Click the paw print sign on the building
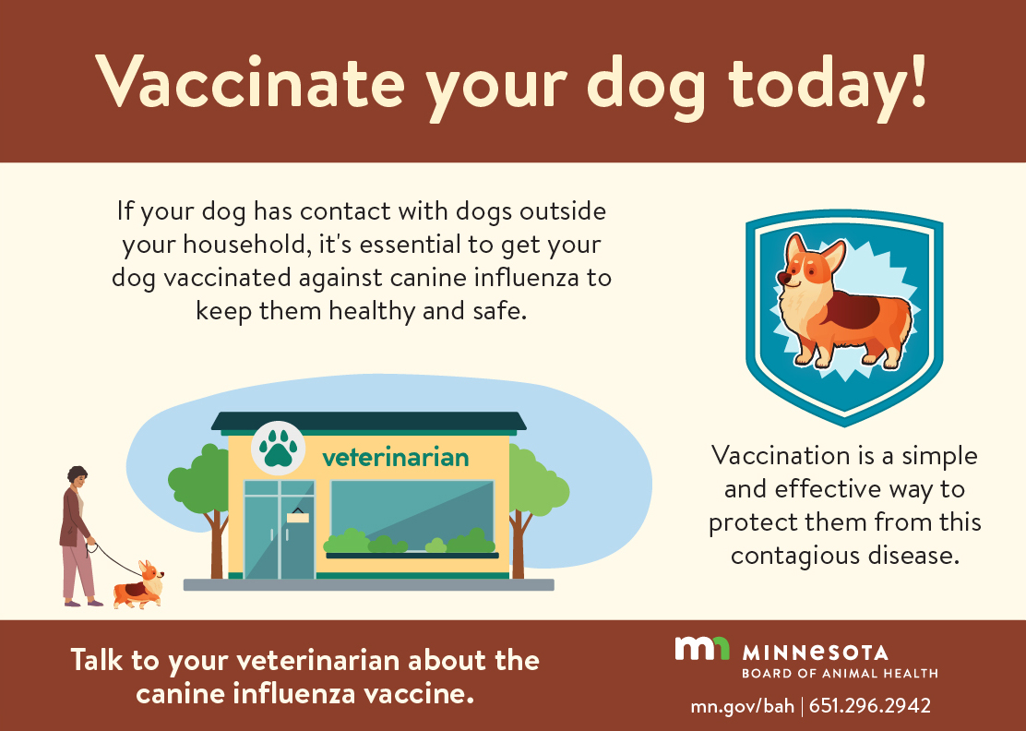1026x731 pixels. click(x=278, y=448)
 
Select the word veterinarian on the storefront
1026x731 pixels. click(x=395, y=457)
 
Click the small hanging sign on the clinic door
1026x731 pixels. click(x=297, y=516)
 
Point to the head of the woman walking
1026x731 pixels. click(x=78, y=475)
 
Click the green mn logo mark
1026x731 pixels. click(x=701, y=648)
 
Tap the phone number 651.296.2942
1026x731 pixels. click(x=870, y=706)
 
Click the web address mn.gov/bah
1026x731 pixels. click(x=742, y=706)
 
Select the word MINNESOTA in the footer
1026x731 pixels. click(x=816, y=653)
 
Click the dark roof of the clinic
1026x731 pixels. click(x=368, y=421)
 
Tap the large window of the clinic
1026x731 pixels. click(x=412, y=516)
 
